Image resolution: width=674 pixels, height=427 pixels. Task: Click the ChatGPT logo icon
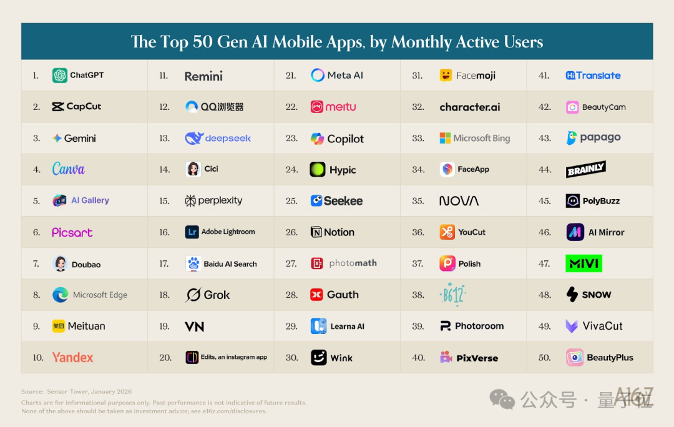(x=60, y=76)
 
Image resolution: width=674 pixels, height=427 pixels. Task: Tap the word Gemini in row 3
(x=81, y=139)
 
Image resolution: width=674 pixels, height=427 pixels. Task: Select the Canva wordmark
(x=68, y=169)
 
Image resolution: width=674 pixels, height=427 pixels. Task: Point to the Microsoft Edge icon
(x=60, y=295)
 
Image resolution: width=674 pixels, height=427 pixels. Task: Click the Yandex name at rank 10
(x=72, y=358)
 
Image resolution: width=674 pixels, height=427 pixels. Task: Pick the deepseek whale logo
(x=194, y=138)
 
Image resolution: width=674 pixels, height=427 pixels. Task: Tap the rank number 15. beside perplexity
(x=164, y=201)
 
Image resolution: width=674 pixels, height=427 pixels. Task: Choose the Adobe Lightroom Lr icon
(x=192, y=232)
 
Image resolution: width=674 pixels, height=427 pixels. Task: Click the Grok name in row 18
(x=217, y=295)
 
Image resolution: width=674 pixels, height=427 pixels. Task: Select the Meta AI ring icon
(x=318, y=76)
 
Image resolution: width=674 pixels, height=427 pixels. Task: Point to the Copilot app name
(x=346, y=139)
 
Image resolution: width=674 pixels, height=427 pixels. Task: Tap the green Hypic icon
(x=318, y=170)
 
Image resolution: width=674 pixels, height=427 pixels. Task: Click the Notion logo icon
(x=316, y=232)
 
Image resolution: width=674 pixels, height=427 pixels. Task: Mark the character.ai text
(x=470, y=107)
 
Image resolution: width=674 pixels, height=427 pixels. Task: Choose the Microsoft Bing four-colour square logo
(x=445, y=138)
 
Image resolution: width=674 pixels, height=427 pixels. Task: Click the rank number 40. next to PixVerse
(x=418, y=358)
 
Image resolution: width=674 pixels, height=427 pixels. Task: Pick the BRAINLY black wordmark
(x=586, y=169)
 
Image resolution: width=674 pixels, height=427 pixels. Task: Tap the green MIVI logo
(x=584, y=263)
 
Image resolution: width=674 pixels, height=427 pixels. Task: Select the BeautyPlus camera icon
(x=575, y=358)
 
